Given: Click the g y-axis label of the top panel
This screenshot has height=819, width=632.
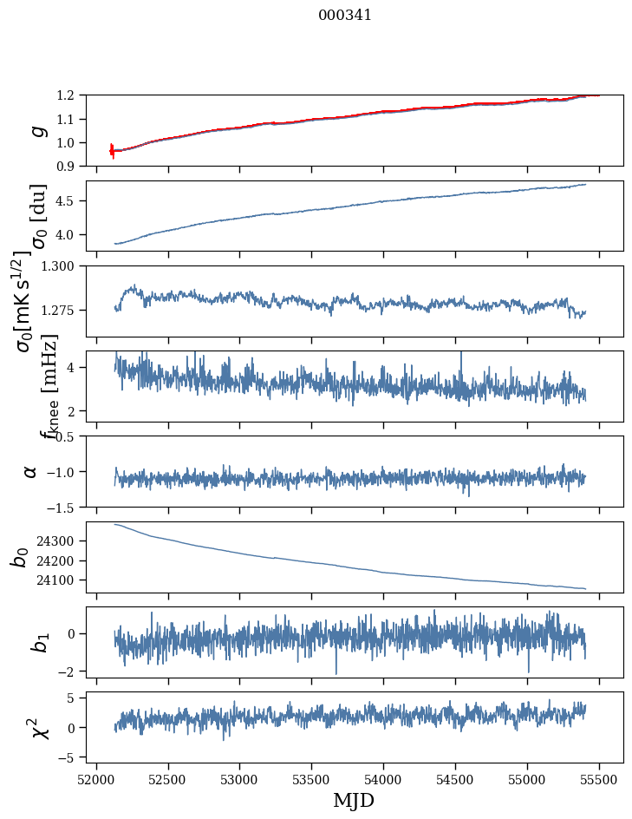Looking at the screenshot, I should tap(37, 131).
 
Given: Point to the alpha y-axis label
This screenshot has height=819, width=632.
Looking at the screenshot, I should tap(31, 471).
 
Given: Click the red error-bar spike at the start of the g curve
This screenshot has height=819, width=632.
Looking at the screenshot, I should tap(112, 151).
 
